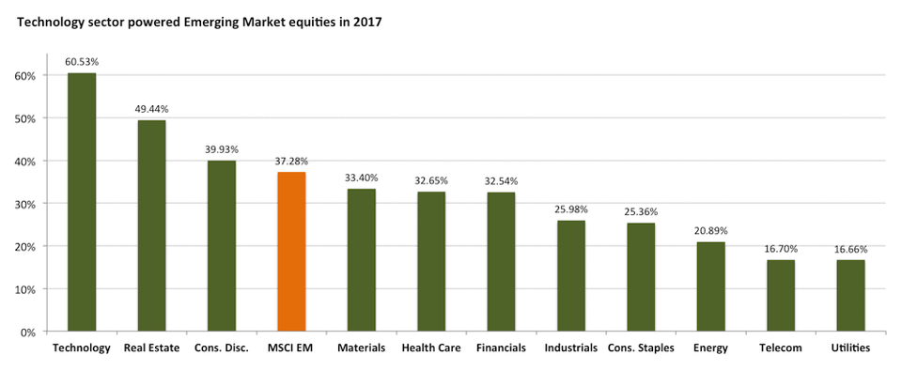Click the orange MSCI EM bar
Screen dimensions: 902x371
(x=291, y=252)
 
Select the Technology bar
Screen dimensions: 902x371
(x=82, y=202)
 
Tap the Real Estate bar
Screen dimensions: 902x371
(x=152, y=225)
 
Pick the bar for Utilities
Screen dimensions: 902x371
(x=850, y=296)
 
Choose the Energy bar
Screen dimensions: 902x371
(x=710, y=286)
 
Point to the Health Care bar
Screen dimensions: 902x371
(x=431, y=261)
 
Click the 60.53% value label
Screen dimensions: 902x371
(x=82, y=62)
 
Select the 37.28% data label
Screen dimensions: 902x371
(x=291, y=161)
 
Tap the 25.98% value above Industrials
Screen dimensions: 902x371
(x=570, y=209)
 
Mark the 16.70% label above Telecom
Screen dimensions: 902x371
(x=781, y=249)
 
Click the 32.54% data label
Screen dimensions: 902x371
(x=501, y=180)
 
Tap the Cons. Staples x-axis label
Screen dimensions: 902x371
(x=641, y=348)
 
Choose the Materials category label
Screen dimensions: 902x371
(x=361, y=348)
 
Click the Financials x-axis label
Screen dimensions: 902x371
(x=501, y=348)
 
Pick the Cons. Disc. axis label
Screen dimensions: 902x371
(x=222, y=348)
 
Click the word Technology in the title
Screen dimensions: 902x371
(x=45, y=23)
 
